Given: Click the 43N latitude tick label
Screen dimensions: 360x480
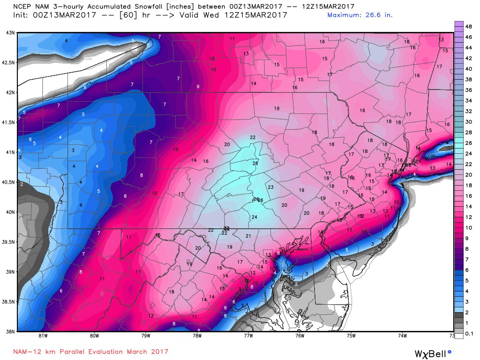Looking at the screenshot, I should click(9, 32).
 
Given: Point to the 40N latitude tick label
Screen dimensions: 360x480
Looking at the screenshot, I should click(9, 212).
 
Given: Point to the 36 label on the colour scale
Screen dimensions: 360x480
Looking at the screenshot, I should click(468, 91).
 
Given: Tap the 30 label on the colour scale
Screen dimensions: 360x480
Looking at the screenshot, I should click(468, 122).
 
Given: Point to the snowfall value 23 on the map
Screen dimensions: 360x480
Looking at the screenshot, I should click(270, 187).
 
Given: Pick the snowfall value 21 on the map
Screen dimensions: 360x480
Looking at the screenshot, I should click(248, 236).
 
